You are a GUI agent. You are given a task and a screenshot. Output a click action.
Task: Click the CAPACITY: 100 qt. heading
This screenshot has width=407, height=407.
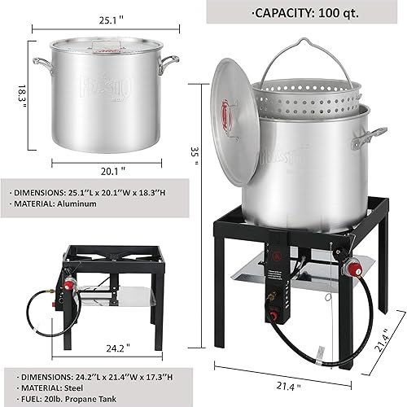coord(307,13)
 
